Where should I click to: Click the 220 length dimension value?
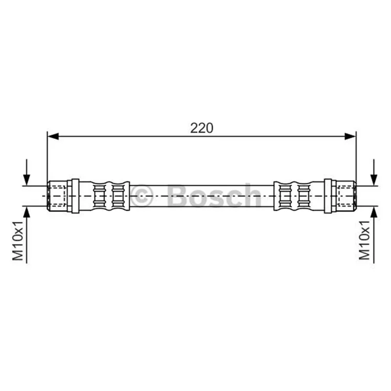pos(201,128)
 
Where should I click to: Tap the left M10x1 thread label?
pos(18,240)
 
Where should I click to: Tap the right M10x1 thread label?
pos(364,240)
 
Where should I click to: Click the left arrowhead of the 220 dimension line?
pos(53,136)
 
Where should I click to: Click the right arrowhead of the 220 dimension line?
pos(350,136)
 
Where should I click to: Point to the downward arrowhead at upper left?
pos(26,180)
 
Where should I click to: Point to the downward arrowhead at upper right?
pos(373,180)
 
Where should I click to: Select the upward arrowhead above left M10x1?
pos(26,212)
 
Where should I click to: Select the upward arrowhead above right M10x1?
pos(373,212)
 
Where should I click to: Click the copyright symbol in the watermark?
pos(141,196)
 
